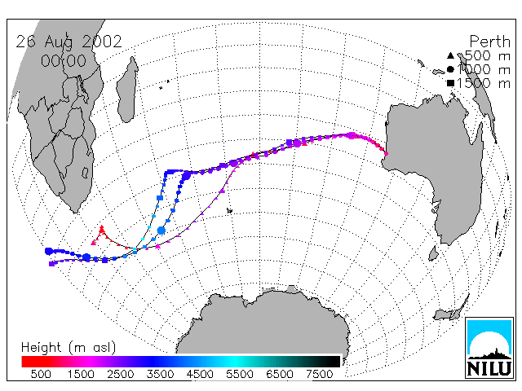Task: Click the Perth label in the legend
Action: point(489,42)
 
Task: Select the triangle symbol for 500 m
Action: point(450,55)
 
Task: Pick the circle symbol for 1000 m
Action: point(450,69)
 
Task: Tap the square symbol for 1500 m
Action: point(450,83)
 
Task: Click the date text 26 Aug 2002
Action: point(69,42)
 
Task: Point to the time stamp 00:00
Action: point(64,61)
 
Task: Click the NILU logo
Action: point(489,348)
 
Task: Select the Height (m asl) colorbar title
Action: point(69,348)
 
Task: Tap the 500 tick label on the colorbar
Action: point(41,374)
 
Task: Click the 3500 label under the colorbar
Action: point(160,374)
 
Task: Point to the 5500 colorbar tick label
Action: point(240,374)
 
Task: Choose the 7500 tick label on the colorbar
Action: point(319,374)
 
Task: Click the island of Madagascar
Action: point(127,89)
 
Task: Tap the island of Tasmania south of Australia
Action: point(433,253)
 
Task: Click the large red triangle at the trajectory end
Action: point(102,229)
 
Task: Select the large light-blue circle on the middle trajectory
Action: point(161,230)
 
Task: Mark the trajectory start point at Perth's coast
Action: point(386,154)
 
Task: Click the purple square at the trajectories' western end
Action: point(51,264)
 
